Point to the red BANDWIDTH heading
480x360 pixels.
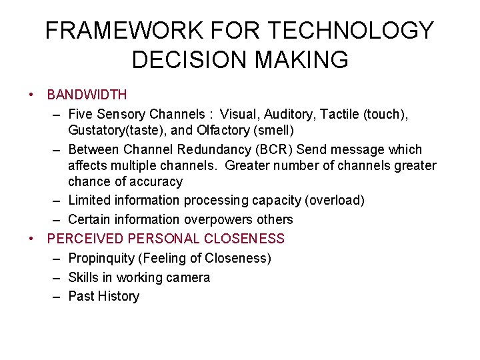click(87, 95)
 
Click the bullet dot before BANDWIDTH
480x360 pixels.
click(33, 95)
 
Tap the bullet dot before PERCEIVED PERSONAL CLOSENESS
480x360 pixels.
click(33, 239)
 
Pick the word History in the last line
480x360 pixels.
click(118, 296)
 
